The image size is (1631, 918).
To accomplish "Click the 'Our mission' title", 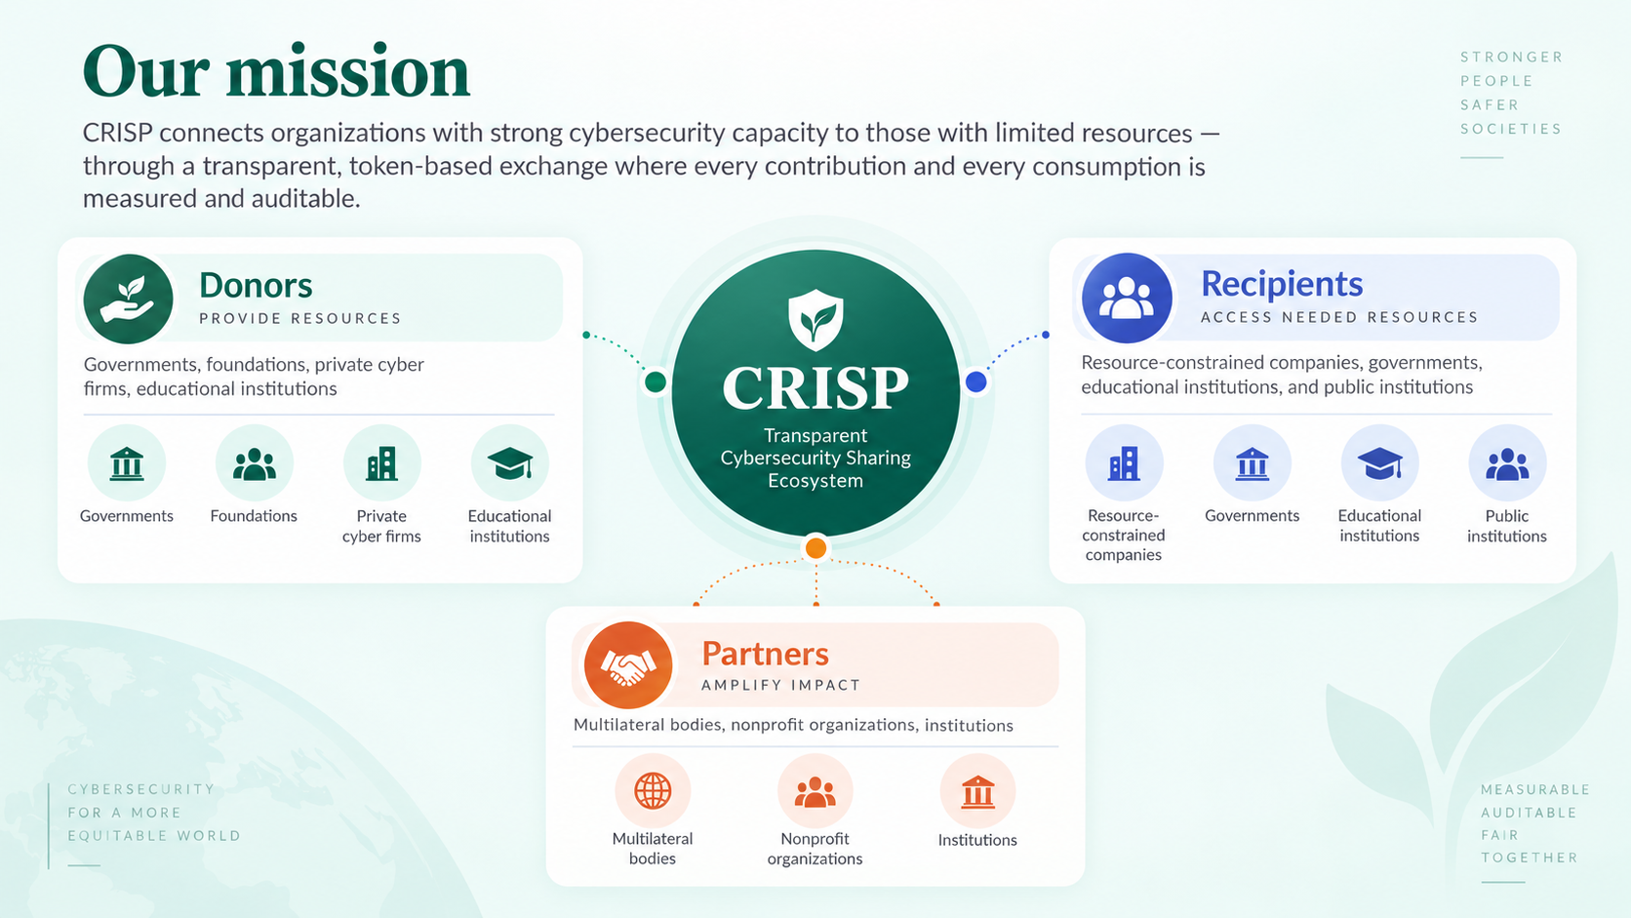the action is pos(276,71).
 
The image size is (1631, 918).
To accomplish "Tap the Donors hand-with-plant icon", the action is pos(128,299).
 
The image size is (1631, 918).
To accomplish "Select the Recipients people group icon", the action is pos(1127,298).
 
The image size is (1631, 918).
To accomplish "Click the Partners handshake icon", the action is pos(627,665).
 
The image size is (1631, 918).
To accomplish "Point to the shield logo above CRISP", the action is pos(815,320).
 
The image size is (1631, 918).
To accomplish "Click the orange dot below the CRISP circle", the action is pos(815,548).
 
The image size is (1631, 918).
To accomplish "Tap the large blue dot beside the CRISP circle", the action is pos(975,381).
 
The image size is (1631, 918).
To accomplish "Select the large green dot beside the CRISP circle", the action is pos(656,381).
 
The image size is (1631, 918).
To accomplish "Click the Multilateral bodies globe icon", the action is pos(653,791).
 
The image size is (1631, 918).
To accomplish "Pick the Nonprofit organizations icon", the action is pos(815,791).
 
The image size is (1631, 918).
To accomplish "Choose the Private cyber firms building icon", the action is pos(381,463).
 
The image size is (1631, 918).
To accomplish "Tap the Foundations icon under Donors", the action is pos(255,463).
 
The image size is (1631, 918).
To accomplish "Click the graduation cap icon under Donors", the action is pos(509,463).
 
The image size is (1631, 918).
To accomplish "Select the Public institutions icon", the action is pos(1507,463).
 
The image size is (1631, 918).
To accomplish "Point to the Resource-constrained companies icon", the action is pos(1124,463).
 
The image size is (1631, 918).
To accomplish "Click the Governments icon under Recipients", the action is pos(1252,463).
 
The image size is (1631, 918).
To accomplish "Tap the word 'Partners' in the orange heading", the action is pos(765,654).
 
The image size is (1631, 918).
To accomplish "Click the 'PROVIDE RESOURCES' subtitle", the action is pos(300,318).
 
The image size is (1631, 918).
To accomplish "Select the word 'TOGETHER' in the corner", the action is pos(1530,858).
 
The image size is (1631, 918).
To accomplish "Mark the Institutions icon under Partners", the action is pos(977,791).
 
